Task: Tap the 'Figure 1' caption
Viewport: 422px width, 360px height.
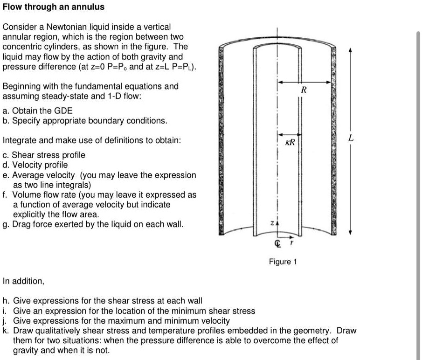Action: (283, 262)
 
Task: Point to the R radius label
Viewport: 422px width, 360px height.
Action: (304, 90)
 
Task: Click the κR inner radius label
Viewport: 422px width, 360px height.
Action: (290, 141)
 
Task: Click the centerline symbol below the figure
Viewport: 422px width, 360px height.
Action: (278, 243)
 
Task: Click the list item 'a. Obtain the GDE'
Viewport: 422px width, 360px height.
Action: (38, 111)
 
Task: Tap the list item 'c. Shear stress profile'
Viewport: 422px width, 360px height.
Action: (44, 155)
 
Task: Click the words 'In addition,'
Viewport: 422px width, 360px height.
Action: (23, 281)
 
